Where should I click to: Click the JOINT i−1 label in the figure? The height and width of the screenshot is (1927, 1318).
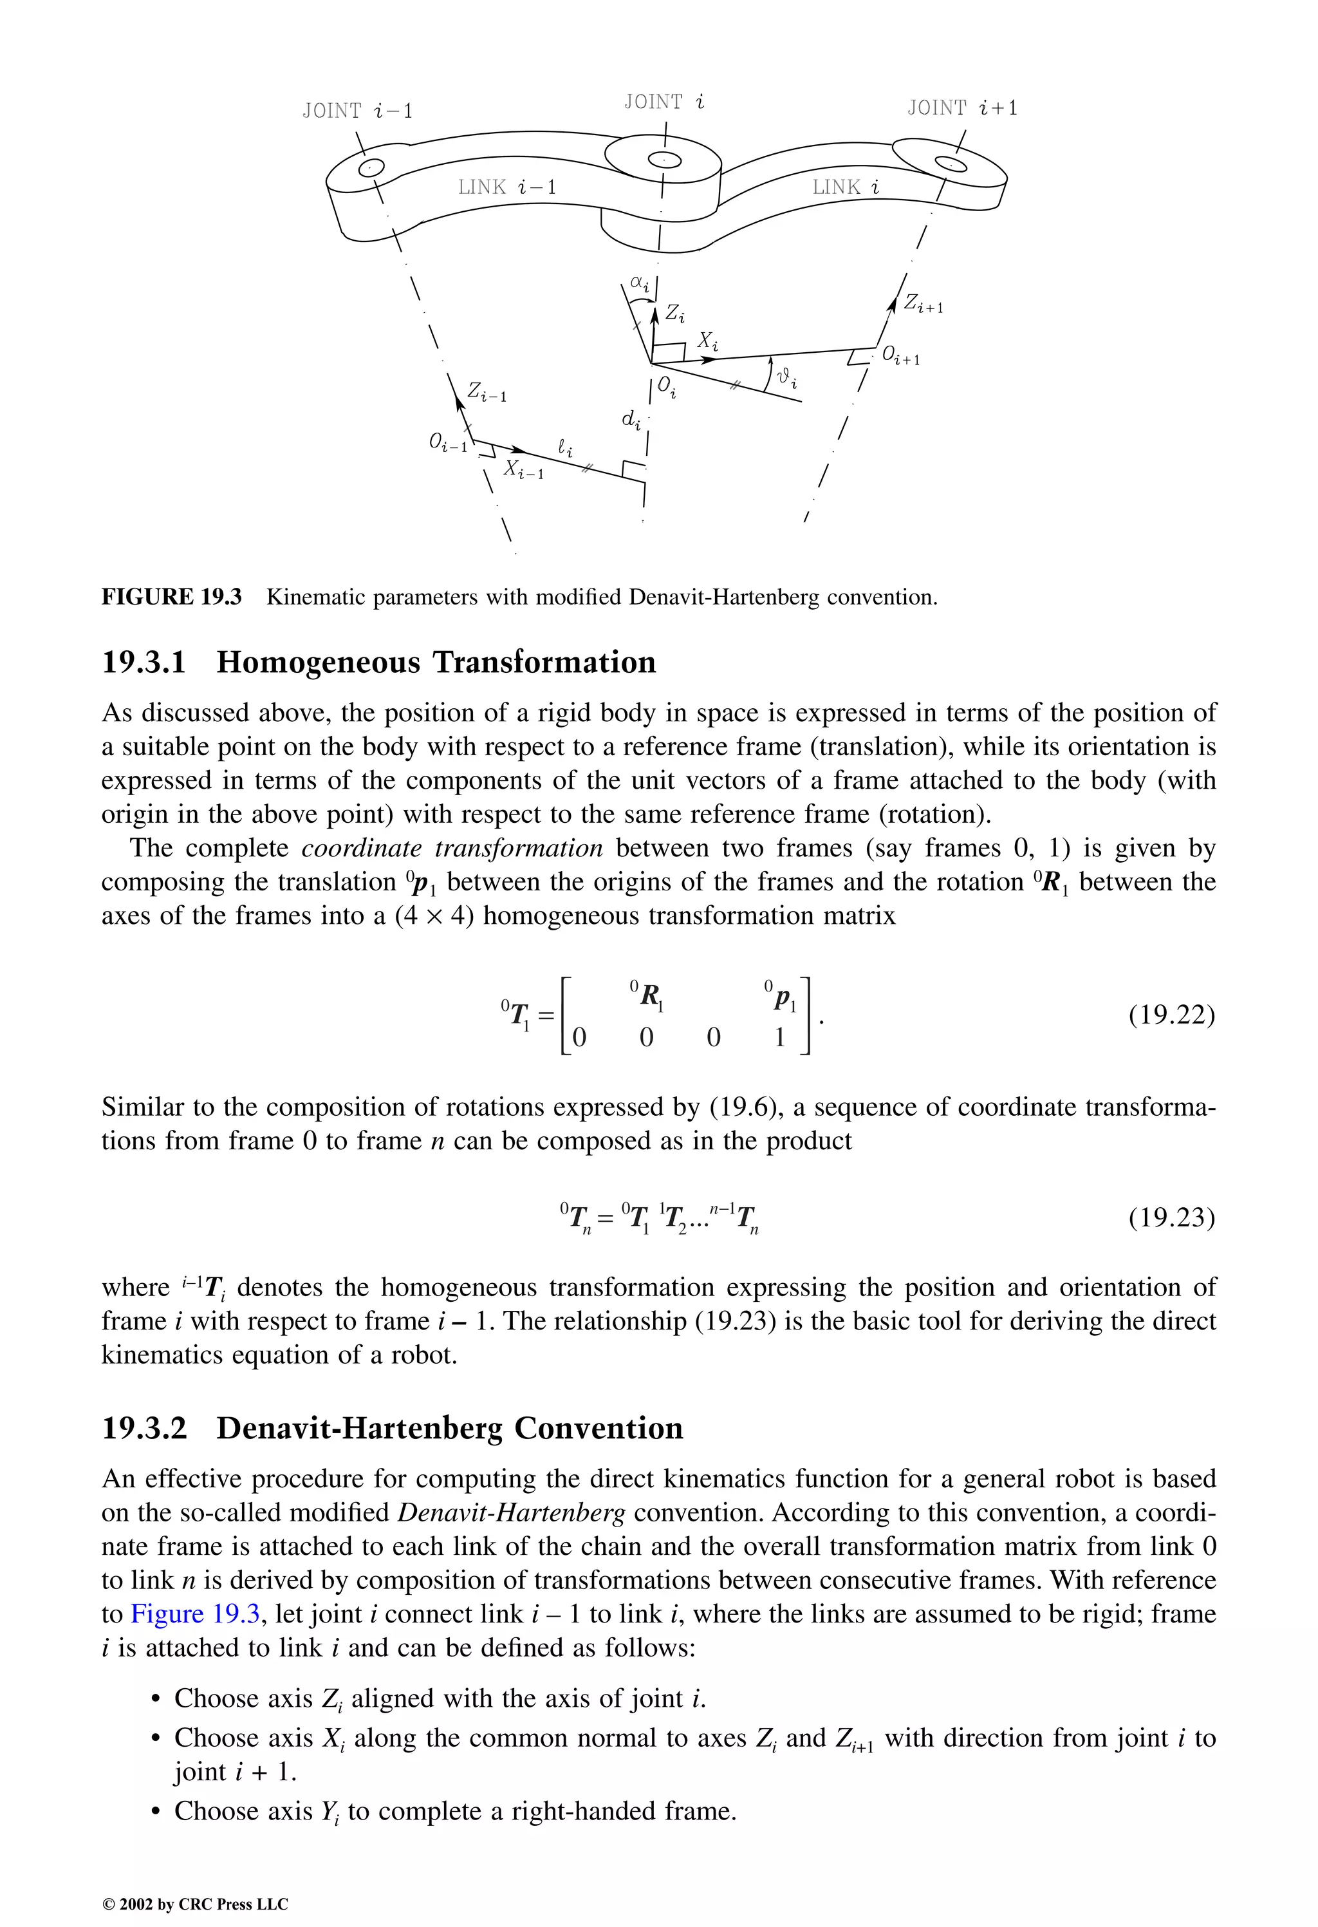click(357, 110)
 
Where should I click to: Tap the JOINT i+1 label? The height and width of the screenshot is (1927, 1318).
click(961, 108)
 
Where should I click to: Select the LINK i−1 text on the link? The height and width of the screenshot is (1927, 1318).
click(507, 187)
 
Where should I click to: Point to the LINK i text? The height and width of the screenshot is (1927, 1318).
click(846, 187)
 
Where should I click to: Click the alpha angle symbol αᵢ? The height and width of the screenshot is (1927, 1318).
click(639, 285)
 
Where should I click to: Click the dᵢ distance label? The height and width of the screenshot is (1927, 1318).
click(631, 420)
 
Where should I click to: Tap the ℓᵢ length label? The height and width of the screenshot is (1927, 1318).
click(564, 449)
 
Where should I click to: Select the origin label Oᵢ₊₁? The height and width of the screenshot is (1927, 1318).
click(900, 357)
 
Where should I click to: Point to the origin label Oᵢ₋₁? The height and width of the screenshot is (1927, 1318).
click(448, 444)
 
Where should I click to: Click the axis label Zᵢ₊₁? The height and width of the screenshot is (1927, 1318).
click(923, 305)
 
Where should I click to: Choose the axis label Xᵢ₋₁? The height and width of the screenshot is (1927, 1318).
click(524, 470)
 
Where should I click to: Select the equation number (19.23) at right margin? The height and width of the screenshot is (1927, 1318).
click(1171, 1218)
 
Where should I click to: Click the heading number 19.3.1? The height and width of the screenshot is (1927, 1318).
click(144, 663)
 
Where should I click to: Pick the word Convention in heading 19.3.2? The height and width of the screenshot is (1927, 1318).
click(599, 1429)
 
